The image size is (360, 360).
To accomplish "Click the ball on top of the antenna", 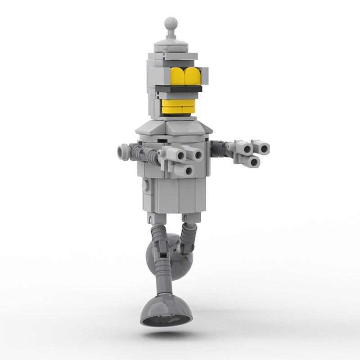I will pos(171,23).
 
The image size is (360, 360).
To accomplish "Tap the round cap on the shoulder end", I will pos(123,151).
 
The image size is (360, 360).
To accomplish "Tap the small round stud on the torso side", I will pos(145,185).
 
